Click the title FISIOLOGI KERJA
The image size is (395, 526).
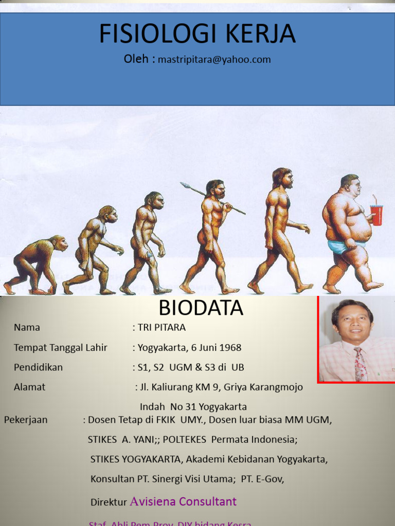197,34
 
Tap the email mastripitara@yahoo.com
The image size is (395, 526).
214,60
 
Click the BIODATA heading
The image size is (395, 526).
201,308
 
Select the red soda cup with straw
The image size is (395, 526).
376,214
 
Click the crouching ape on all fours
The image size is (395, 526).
36,265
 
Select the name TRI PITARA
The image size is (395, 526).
161,327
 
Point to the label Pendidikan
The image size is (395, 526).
38,367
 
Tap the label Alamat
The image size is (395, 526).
29,387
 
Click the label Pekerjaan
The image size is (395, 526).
26,420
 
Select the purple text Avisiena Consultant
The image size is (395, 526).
184,501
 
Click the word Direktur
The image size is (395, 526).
109,502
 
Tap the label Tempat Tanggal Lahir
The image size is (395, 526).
61,348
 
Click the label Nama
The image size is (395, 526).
27,327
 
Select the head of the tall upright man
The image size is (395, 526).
283,178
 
